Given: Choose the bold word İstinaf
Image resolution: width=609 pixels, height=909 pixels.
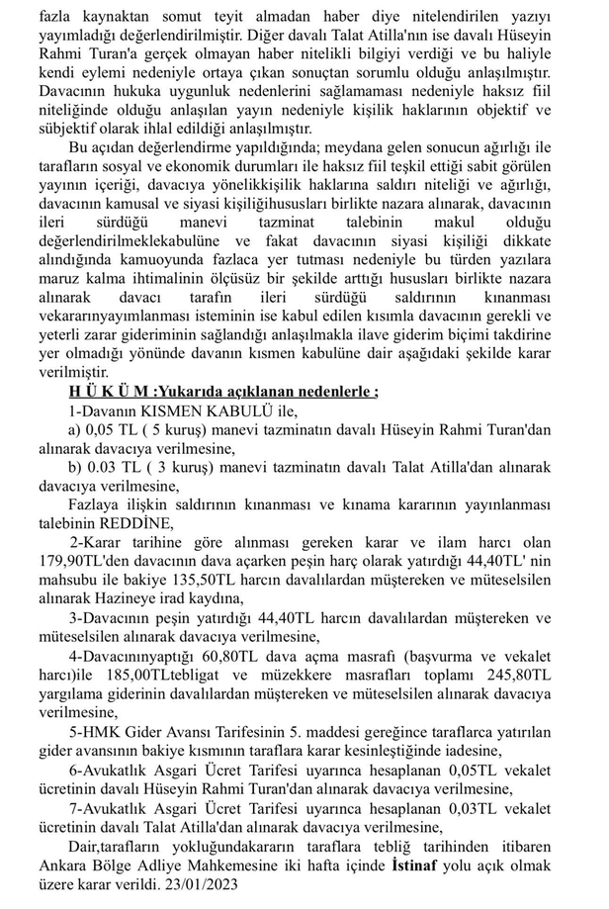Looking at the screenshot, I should [x=415, y=862].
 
